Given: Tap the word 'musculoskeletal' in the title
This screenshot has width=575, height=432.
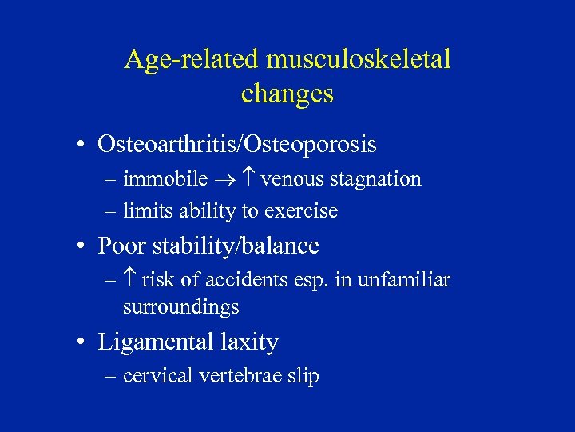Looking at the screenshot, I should point(359,60).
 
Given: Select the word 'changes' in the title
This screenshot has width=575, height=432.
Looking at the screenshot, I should point(287,94).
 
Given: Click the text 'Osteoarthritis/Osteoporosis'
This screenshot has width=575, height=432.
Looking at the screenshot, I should point(236,145).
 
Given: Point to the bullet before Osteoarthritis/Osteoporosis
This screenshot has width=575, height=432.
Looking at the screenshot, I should point(82,146).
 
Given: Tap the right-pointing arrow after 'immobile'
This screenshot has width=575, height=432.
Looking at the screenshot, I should point(227,180).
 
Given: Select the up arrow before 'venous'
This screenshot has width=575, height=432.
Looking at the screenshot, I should point(248,179).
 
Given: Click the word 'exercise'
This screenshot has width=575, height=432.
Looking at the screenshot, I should point(304,211).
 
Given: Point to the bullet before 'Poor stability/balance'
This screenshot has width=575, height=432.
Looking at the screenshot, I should point(82,246).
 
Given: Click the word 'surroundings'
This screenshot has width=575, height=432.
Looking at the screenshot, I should point(181,307).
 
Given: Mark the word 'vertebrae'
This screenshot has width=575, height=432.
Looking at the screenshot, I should point(240,376).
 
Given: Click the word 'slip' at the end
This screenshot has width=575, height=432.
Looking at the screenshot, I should point(303,376).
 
